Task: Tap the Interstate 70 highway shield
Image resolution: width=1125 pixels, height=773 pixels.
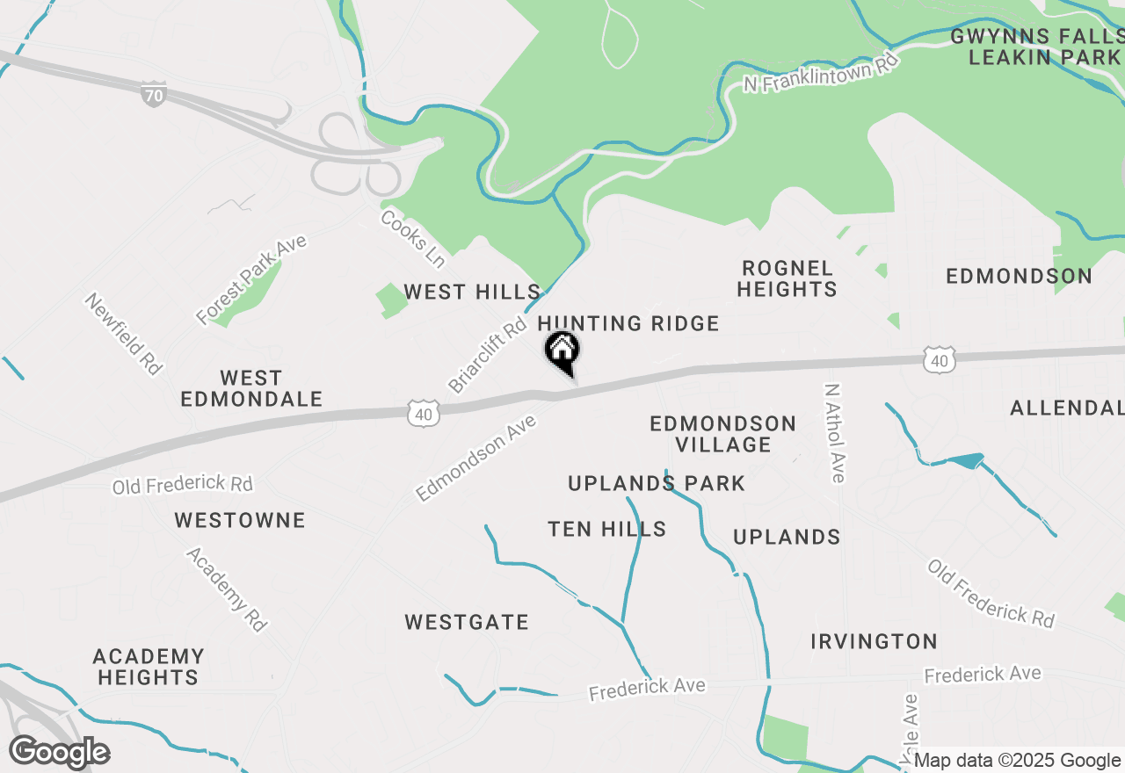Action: tap(154, 94)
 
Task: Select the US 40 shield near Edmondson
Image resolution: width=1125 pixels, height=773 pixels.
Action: tap(939, 359)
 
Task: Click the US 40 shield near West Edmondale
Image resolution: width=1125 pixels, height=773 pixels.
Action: tap(424, 413)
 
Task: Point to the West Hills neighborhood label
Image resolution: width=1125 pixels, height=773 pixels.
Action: tap(472, 292)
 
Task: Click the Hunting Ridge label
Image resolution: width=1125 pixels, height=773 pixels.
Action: tap(628, 324)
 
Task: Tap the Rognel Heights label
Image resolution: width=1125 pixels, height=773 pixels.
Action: tap(787, 278)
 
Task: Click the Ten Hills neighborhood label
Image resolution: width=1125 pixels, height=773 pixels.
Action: tap(606, 529)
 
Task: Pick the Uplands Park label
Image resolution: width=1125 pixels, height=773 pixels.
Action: tap(657, 483)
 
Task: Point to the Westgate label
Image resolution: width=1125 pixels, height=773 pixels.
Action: tap(467, 623)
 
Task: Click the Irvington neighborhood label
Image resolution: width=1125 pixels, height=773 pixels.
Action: tap(874, 642)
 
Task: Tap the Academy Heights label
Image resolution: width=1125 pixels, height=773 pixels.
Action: tap(149, 667)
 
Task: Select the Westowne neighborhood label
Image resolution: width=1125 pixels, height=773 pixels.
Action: tap(240, 520)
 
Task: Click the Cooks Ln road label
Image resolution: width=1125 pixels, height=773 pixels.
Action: tap(412, 238)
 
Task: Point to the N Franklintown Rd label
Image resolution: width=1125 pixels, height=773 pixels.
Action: tap(822, 73)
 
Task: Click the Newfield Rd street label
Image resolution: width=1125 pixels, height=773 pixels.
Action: tap(124, 334)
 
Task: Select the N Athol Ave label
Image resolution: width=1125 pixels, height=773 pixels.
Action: tap(835, 432)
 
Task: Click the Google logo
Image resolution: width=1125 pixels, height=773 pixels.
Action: tap(59, 753)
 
